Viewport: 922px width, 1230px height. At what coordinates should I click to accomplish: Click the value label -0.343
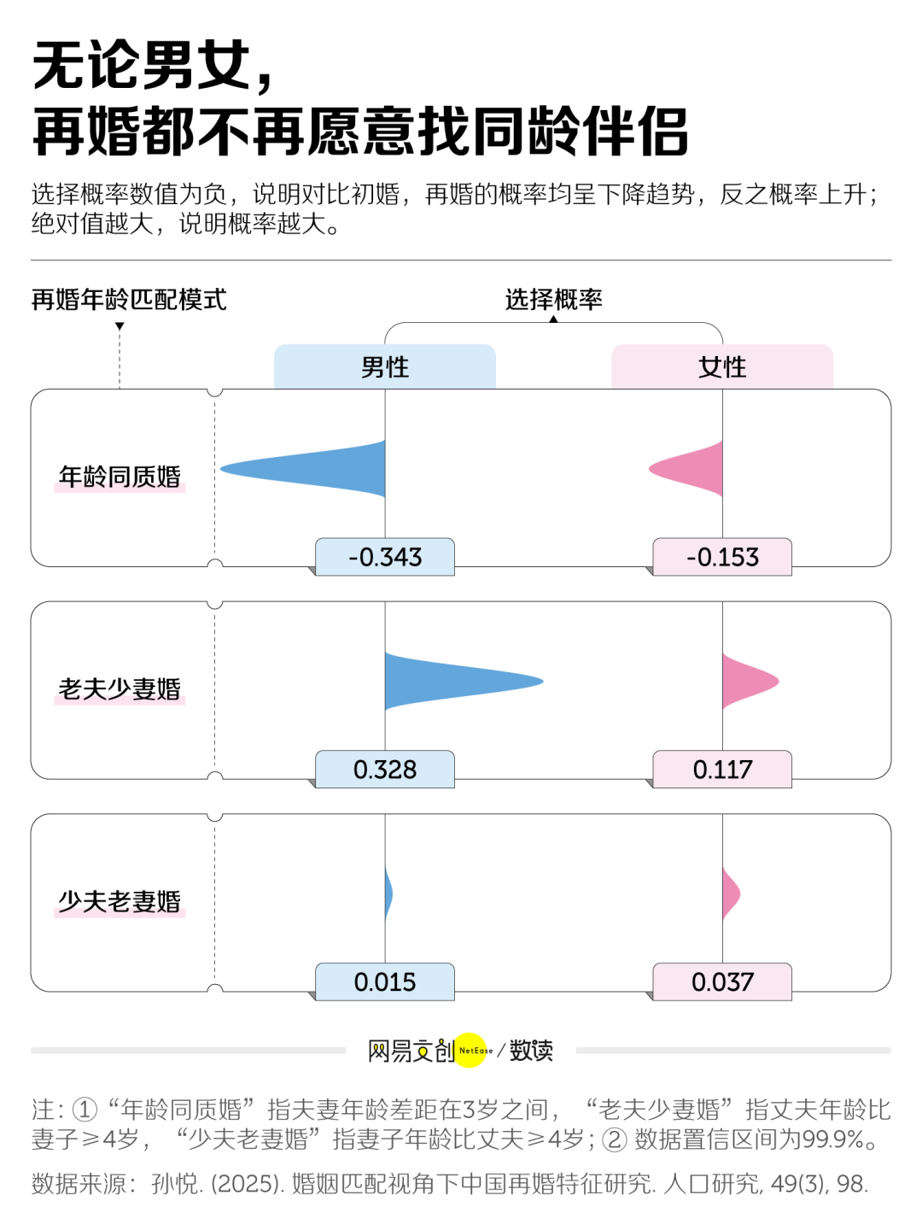click(x=385, y=557)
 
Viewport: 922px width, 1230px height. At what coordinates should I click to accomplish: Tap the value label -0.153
click(x=722, y=557)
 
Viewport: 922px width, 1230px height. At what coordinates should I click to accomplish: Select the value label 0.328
click(x=385, y=770)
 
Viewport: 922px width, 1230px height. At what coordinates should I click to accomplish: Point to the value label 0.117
click(x=722, y=770)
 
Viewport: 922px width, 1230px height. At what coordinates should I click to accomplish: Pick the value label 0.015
click(x=385, y=982)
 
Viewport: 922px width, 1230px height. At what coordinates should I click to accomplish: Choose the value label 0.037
click(x=722, y=982)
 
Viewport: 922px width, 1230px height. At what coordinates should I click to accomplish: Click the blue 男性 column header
click(x=385, y=367)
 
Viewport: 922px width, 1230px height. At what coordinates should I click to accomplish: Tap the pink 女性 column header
click(x=722, y=367)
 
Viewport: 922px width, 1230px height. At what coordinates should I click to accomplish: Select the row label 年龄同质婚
click(x=120, y=477)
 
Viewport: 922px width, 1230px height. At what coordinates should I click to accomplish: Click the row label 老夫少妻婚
click(x=120, y=689)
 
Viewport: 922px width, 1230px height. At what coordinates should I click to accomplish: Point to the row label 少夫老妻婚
click(x=120, y=902)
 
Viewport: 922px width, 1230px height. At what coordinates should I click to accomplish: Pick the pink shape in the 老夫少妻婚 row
click(x=744, y=682)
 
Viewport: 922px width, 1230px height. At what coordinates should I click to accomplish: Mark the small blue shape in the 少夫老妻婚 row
click(x=388, y=894)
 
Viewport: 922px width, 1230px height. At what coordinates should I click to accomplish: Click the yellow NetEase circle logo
click(x=471, y=1051)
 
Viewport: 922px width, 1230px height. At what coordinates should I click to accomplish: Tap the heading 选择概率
click(x=553, y=300)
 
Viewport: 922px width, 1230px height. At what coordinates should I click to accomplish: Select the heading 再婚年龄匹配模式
click(x=129, y=300)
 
